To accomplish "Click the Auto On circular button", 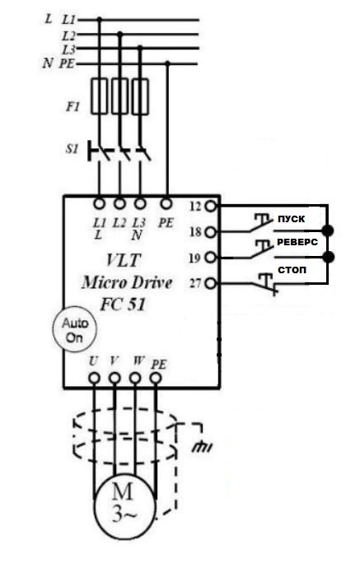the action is point(75,329).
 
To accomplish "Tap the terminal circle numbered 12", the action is point(211,206).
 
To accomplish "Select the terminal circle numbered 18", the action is point(211,232).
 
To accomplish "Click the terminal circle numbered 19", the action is point(211,258).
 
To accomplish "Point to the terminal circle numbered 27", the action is point(211,284).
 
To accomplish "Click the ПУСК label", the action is point(291,219).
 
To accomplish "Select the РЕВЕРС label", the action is point(297,242).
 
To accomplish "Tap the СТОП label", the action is point(292,270).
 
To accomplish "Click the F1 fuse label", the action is point(72,107).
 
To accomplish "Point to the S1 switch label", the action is point(72,149).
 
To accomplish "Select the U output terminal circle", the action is point(94,378).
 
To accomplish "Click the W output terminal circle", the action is point(135,378).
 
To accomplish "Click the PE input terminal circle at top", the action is point(166,204).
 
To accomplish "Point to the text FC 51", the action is point(124,305).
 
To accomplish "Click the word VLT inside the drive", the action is point(124,260).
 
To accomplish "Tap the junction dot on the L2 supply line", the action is point(120,34).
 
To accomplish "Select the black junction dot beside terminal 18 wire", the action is point(327,230).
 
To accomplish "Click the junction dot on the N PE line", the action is point(167,63).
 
